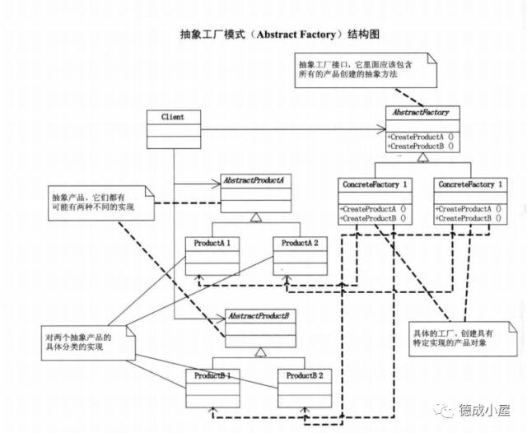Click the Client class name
point(173,117)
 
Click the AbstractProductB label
point(255,316)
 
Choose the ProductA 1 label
point(212,244)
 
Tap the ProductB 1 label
point(212,375)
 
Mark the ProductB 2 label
point(305,375)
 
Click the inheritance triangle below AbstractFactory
point(422,157)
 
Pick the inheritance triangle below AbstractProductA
point(256,216)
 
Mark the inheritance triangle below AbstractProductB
point(259,352)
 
